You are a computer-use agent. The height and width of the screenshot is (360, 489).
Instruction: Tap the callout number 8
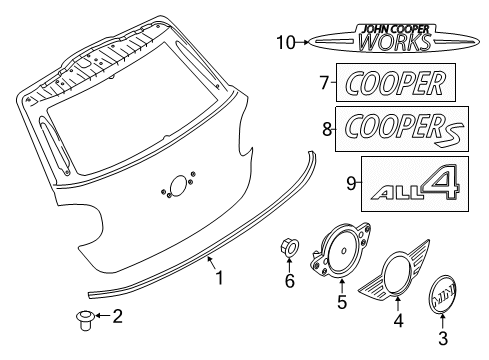coord(326,128)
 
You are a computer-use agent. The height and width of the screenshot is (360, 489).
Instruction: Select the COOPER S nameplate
coord(400,128)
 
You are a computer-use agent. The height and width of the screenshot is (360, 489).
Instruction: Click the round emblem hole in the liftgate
coord(178,187)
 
